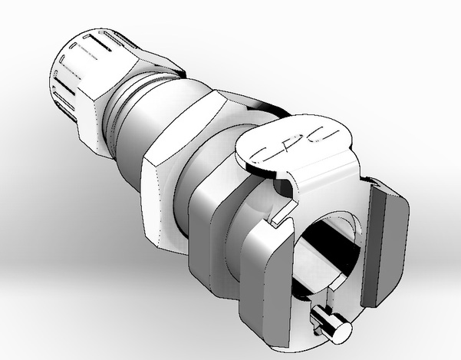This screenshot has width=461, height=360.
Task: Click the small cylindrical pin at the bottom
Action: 327,322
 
